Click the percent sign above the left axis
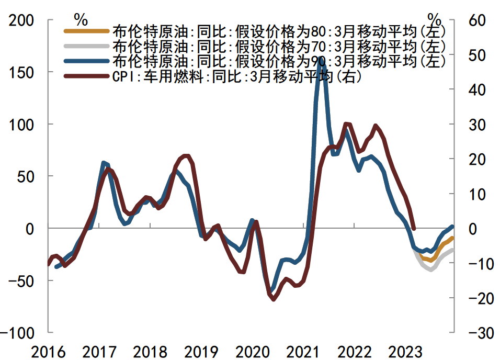pyautogui.click(x=81, y=19)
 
